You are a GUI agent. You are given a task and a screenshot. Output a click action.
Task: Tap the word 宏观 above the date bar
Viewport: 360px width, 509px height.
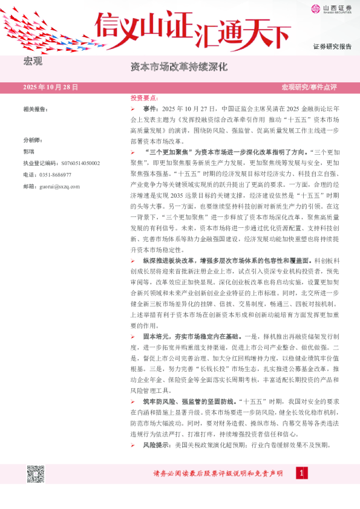pos(33,62)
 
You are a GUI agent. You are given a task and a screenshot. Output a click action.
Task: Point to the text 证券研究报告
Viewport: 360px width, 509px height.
pos(332,47)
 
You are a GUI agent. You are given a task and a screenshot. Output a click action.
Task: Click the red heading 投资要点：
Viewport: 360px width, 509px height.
pos(144,97)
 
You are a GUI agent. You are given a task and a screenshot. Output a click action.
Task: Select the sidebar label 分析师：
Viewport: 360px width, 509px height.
pos(33,139)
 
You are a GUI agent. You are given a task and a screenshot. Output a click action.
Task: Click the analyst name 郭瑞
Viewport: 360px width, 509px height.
pos(29,151)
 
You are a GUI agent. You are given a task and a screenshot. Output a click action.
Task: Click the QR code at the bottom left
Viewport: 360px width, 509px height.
pos(35,475)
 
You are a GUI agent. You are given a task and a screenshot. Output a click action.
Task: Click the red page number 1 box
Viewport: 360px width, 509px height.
pos(299,473)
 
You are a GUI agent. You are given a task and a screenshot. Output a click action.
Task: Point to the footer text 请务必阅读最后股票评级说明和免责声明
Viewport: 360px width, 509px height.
pos(218,474)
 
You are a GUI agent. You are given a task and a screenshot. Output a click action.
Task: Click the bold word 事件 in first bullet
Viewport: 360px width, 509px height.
pos(150,108)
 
